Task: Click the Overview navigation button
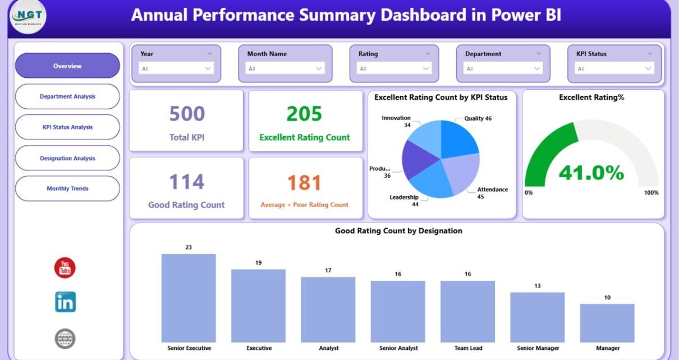tap(67, 66)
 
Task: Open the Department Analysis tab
tap(67, 96)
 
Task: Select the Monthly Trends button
tap(67, 188)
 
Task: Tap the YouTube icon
tap(65, 267)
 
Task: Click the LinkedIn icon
tap(65, 302)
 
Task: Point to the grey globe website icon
tap(65, 338)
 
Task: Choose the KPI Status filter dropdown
tap(614, 68)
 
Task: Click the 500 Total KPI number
tap(186, 114)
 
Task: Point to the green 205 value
tap(304, 114)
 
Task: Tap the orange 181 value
tap(304, 183)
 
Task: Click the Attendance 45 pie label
tap(492, 193)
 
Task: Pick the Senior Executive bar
tap(189, 298)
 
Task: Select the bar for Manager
tap(607, 323)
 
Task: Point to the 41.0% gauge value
tap(591, 173)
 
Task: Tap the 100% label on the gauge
tap(651, 193)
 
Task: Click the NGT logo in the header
tap(28, 17)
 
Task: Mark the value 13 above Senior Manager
tap(537, 286)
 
